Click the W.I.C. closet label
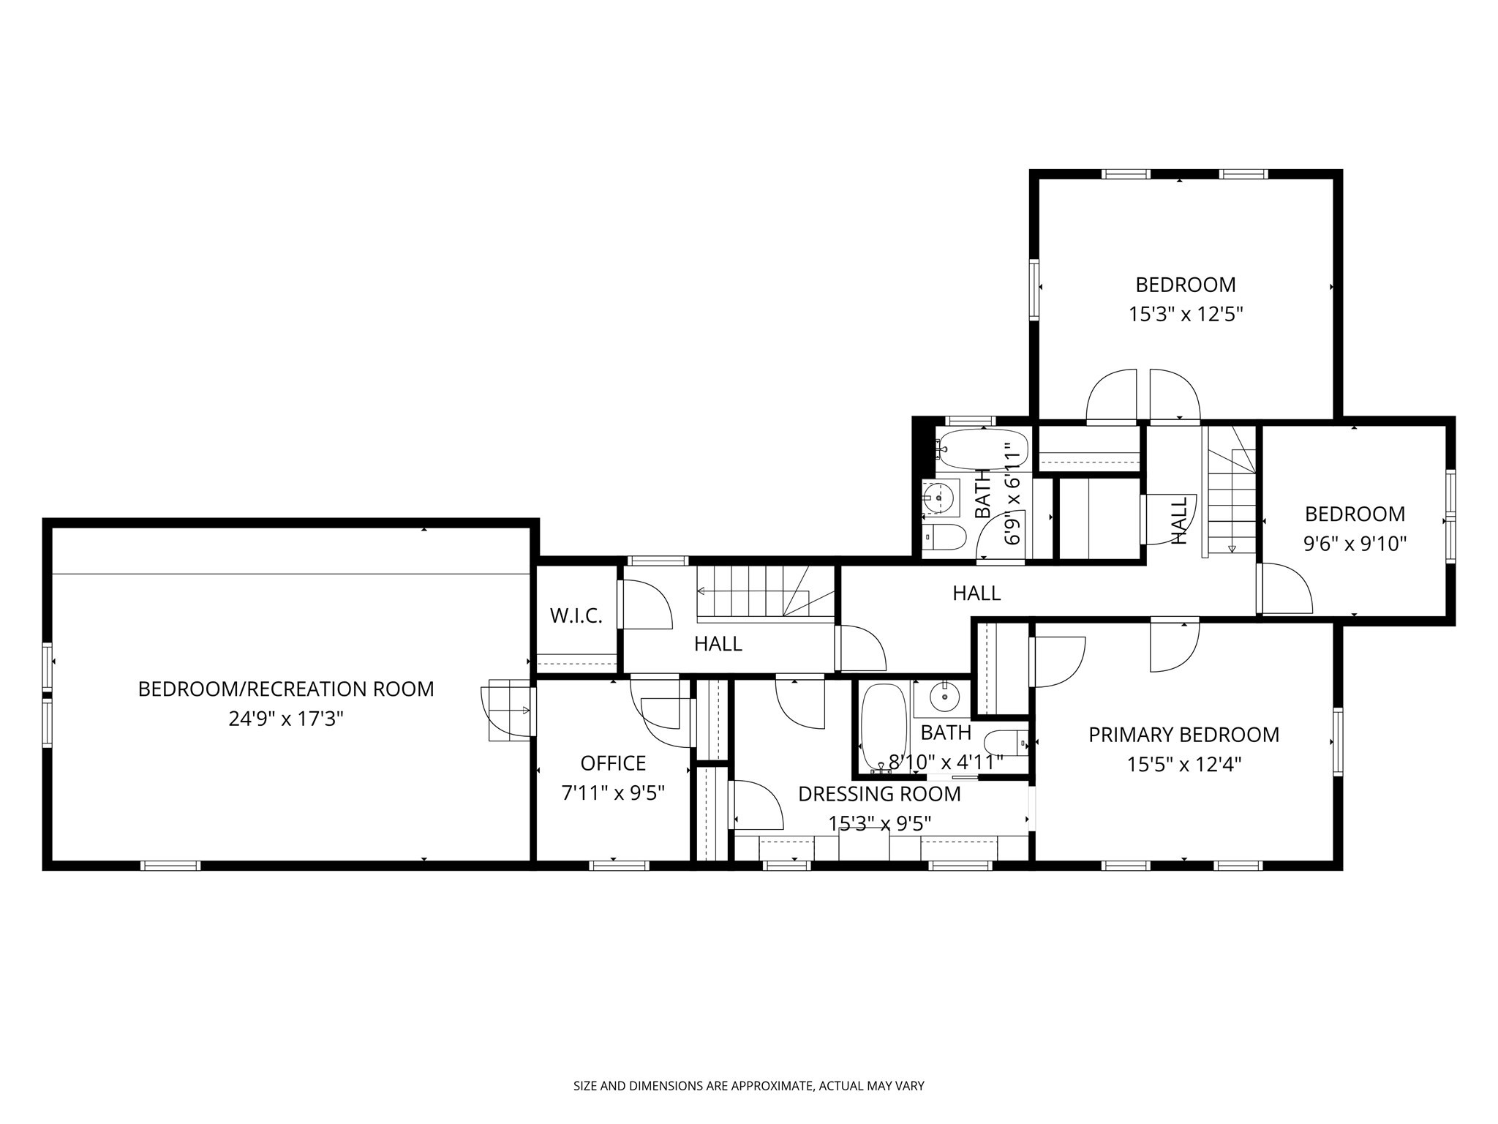point(576,616)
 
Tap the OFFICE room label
point(613,763)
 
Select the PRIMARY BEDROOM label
point(1183,735)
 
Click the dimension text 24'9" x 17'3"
point(286,719)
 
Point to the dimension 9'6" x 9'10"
point(1355,544)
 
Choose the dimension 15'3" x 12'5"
point(1185,315)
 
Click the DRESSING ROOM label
point(879,794)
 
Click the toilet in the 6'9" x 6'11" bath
point(944,537)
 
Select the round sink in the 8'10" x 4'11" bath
point(946,697)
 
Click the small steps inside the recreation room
point(509,710)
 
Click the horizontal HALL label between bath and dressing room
point(976,593)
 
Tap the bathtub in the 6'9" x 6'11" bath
point(983,449)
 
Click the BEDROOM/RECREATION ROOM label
point(286,689)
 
